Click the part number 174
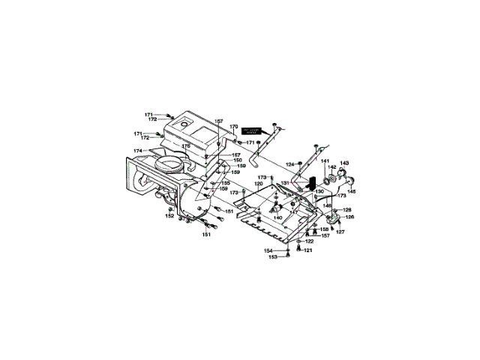pos(138,151)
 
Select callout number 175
pos(187,145)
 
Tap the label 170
pos(233,127)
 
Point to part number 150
pos(238,160)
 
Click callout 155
pos(225,182)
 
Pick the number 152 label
pos(169,216)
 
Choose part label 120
pos(258,184)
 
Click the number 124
pos(289,163)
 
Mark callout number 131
pos(286,184)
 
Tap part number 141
pos(325,161)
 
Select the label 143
pos(345,163)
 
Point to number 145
pos(351,191)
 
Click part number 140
pos(277,217)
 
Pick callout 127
pos(340,232)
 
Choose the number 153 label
pos(273,257)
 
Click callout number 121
pos(307,250)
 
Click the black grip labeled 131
pos(307,184)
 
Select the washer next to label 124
pos(301,163)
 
